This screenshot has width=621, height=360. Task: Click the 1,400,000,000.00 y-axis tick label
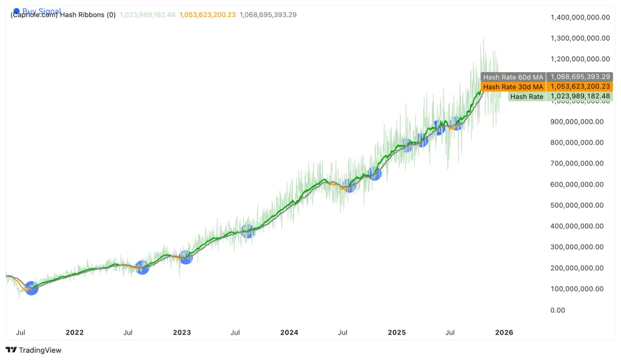pos(580,17)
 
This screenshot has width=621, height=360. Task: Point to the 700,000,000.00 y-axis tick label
pos(580,164)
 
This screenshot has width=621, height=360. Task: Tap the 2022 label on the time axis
pos(75,332)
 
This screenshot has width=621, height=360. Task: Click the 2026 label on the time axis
pos(504,332)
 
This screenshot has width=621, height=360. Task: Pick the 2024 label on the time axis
pos(289,332)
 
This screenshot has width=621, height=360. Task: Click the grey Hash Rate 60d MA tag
pos(513,77)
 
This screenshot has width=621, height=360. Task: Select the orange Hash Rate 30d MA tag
pos(513,87)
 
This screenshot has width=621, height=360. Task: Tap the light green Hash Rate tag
pos(527,96)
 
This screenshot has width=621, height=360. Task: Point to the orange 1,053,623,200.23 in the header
pos(207,15)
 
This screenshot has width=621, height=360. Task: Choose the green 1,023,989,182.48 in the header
pos(147,15)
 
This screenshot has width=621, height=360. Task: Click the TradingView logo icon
pos(11,350)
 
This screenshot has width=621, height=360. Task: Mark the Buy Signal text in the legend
pos(41,11)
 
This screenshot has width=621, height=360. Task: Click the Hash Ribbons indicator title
pos(63,15)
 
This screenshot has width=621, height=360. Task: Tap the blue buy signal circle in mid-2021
pos(31,288)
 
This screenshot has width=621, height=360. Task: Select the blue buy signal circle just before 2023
pos(186,258)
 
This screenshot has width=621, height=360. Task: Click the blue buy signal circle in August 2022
pos(142,267)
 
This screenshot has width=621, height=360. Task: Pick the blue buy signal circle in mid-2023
pos(247,231)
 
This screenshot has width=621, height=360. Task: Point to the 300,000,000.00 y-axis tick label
pos(580,247)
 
